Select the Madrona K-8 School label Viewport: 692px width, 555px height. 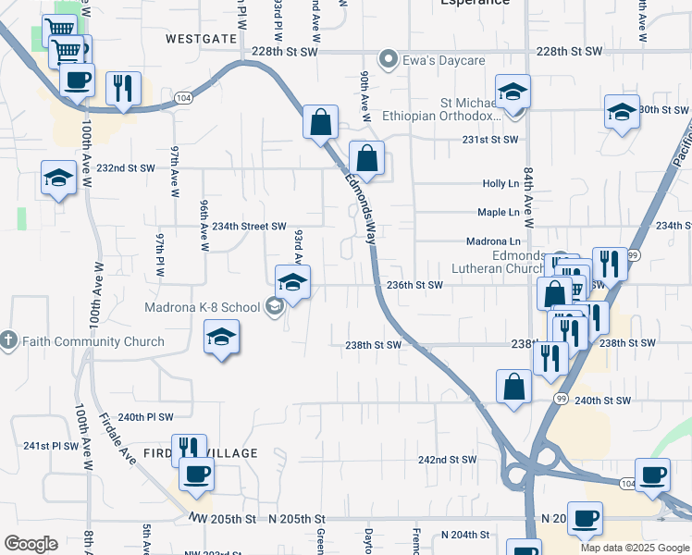click(202, 307)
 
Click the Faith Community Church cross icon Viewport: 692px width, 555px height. click(9, 341)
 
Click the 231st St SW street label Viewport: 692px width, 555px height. click(488, 140)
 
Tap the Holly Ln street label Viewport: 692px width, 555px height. click(500, 184)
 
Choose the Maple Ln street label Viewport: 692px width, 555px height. click(498, 213)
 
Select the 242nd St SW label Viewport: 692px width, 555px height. click(447, 460)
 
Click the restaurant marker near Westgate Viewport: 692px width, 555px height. click(123, 89)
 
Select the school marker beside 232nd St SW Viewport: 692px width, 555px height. click(59, 178)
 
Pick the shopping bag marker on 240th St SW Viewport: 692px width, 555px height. click(513, 387)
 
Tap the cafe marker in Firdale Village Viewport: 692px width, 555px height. click(196, 475)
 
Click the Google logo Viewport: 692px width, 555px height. click(31, 544)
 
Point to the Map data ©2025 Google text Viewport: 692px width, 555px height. click(634, 548)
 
